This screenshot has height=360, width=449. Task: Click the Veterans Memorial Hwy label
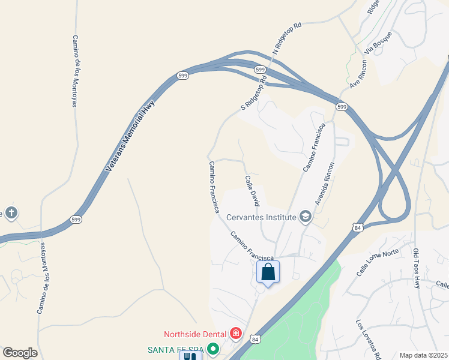(x=130, y=136)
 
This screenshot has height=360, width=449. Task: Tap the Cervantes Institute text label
(x=262, y=217)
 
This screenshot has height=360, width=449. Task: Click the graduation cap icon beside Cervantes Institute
(x=306, y=217)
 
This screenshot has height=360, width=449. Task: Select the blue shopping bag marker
(x=268, y=272)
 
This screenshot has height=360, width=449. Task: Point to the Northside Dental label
(x=195, y=334)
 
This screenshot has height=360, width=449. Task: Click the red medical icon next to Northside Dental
(x=236, y=334)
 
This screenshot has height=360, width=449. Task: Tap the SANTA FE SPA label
(x=175, y=349)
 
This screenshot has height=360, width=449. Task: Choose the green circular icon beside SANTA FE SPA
(x=212, y=349)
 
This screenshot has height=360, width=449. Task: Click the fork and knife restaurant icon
(x=191, y=355)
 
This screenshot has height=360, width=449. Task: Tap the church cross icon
(x=11, y=212)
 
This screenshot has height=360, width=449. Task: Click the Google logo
(x=20, y=353)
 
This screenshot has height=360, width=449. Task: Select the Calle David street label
(x=252, y=190)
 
